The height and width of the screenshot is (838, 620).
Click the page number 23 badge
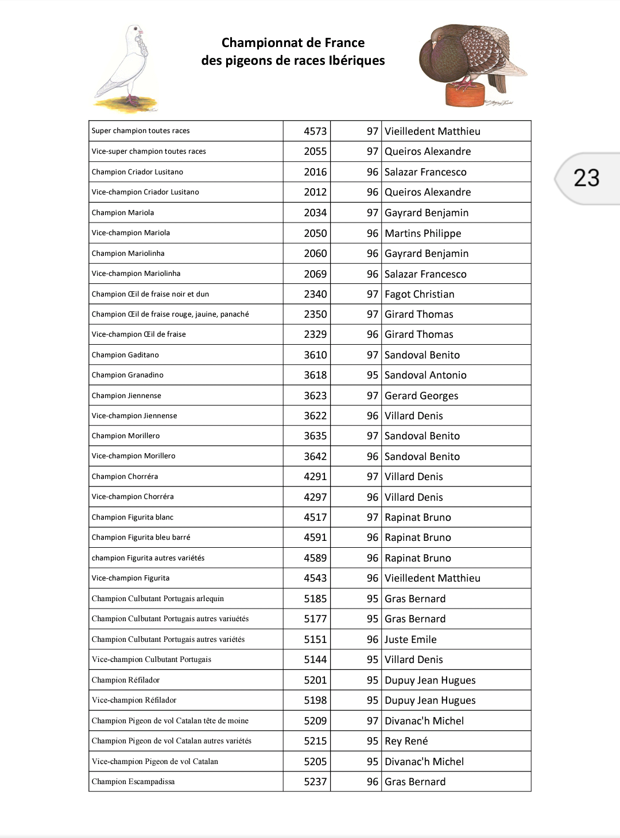(x=586, y=178)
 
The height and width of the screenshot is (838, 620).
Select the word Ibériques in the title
(x=356, y=61)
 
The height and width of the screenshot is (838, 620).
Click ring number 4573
(x=315, y=131)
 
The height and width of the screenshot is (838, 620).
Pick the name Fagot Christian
(x=419, y=294)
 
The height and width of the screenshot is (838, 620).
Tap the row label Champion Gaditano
(x=125, y=355)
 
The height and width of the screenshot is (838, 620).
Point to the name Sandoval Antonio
(x=425, y=375)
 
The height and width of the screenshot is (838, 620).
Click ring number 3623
(x=315, y=396)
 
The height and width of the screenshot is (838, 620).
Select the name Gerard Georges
(x=421, y=396)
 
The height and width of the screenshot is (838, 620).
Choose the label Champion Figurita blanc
(x=133, y=517)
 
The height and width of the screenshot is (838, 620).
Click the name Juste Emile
(x=410, y=640)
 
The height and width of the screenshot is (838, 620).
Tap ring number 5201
(x=315, y=680)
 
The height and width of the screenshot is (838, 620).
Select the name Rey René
(x=406, y=741)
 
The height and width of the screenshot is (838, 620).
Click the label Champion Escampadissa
(x=133, y=782)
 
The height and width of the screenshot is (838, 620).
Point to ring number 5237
(x=315, y=782)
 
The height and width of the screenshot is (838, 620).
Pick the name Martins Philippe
(x=423, y=233)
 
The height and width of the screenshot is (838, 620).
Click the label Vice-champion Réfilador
(x=134, y=700)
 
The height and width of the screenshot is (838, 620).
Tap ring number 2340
(x=315, y=294)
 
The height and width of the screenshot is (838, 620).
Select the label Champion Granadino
(x=127, y=375)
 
